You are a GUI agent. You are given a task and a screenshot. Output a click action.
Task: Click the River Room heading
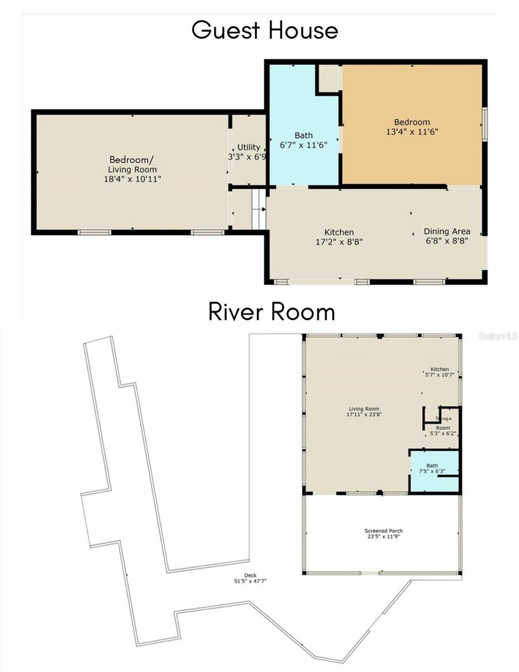point(272,311)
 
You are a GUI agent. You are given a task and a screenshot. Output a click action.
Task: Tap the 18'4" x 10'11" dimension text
point(133,179)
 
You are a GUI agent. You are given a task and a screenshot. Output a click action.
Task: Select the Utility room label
point(249,147)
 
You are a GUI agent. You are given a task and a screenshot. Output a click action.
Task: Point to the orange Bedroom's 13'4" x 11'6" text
point(412,132)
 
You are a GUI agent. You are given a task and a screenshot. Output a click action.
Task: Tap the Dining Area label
point(446,231)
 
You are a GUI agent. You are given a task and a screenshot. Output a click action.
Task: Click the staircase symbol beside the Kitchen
point(258,209)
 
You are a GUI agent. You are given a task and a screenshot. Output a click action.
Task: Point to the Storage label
point(443,418)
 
